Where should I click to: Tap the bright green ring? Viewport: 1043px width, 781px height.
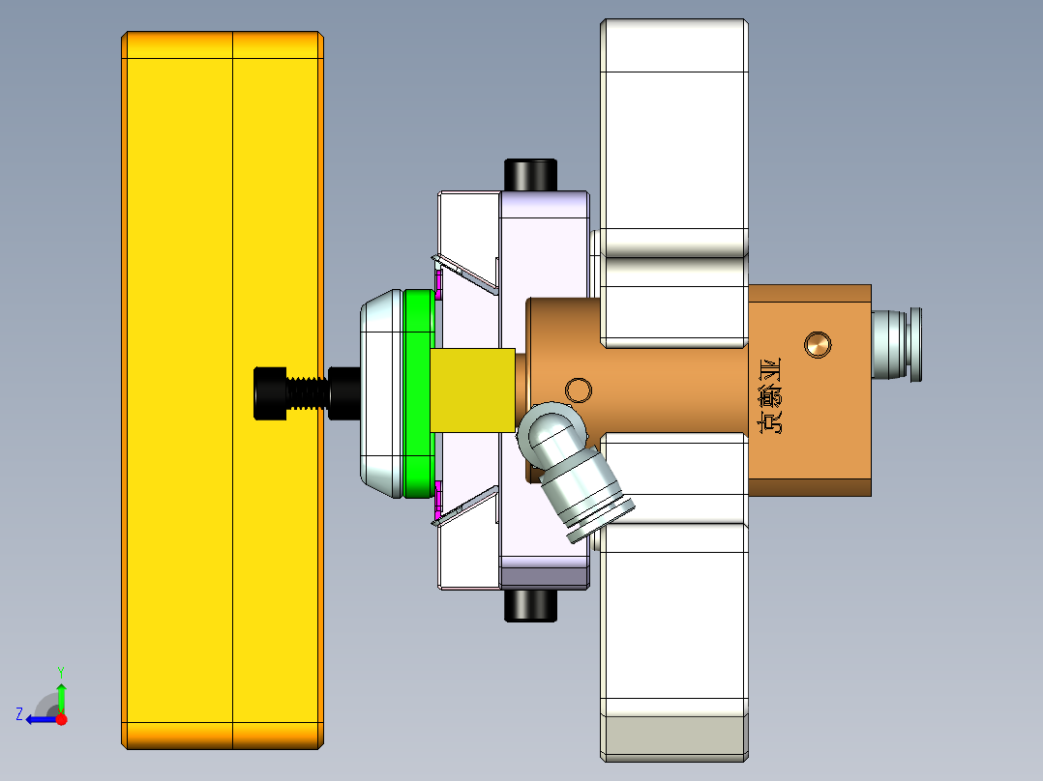click(x=419, y=393)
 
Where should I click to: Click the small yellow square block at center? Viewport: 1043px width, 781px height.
click(x=472, y=390)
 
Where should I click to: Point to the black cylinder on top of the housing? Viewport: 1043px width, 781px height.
click(x=529, y=175)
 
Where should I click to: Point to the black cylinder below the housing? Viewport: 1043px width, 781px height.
click(x=529, y=605)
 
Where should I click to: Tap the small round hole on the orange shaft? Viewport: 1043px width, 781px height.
click(x=579, y=390)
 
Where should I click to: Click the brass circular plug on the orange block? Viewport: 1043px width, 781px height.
click(x=819, y=343)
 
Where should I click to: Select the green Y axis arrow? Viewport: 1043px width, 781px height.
click(x=61, y=694)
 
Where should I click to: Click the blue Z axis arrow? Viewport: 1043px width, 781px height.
click(x=39, y=718)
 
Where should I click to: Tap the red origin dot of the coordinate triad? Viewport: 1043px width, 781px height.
click(x=62, y=719)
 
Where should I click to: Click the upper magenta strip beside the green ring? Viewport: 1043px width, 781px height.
click(x=438, y=284)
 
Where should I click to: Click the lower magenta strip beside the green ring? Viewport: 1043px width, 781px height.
click(x=438, y=500)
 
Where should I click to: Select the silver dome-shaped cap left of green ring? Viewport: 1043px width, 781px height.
click(x=381, y=393)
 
